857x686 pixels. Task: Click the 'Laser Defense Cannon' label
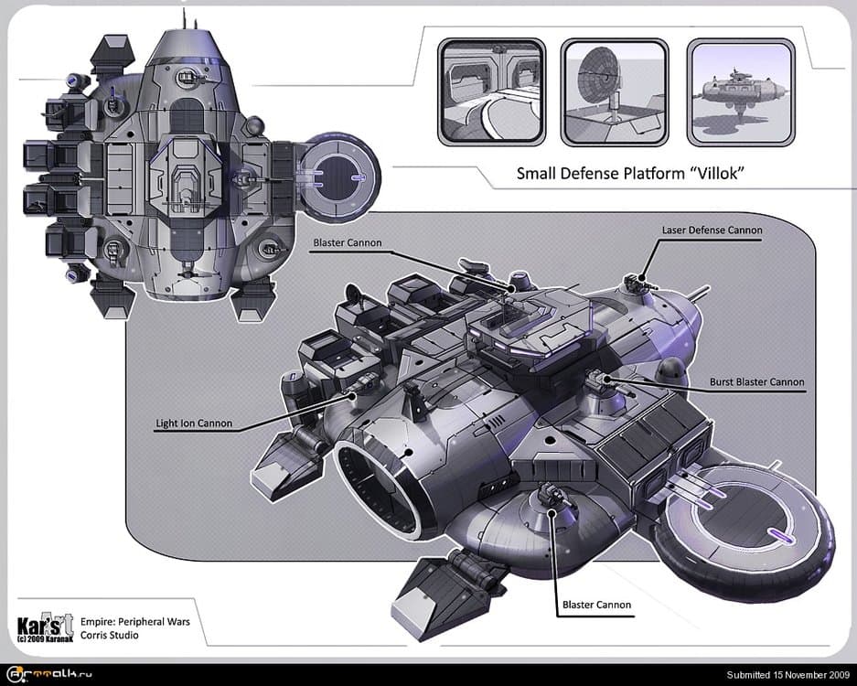click(712, 230)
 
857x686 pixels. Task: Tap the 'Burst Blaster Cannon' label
click(756, 381)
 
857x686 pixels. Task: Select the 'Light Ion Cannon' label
click(193, 423)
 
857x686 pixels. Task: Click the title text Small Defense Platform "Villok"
click(627, 173)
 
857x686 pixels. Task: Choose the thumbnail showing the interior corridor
click(491, 91)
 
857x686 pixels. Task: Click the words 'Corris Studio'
click(110, 634)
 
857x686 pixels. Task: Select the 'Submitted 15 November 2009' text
click(788, 675)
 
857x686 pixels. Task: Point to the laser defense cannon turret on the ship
click(635, 283)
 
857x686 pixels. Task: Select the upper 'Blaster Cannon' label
click(347, 242)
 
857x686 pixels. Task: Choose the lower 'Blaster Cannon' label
click(595, 605)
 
